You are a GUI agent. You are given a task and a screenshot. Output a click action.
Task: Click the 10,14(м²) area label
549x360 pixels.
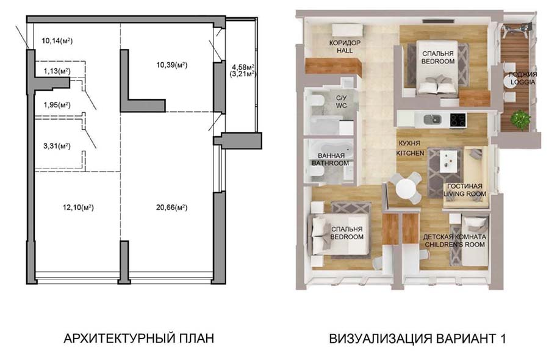[x=57, y=41]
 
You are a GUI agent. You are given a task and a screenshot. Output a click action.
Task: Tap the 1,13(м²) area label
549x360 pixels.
[x=57, y=71]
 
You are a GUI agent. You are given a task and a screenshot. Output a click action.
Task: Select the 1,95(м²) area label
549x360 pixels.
[x=57, y=105]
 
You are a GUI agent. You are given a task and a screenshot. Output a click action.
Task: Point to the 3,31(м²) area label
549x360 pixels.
[x=57, y=146]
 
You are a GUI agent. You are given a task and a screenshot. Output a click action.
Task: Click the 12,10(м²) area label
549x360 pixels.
[x=78, y=207]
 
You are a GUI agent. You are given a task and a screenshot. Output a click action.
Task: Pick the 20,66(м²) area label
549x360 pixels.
[x=171, y=207]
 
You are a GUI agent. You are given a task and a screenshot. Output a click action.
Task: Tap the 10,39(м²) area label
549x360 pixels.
[x=171, y=65]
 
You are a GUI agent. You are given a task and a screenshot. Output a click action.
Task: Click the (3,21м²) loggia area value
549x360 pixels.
[x=243, y=74]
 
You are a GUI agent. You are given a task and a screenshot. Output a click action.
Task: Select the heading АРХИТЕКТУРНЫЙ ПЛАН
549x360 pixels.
[x=138, y=339]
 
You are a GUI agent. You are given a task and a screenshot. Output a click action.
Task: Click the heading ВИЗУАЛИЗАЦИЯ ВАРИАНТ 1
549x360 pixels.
[x=417, y=339]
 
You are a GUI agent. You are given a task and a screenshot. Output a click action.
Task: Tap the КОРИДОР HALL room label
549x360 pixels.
[x=345, y=46]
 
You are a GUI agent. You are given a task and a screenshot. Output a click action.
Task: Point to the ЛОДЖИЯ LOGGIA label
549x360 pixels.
[x=522, y=78]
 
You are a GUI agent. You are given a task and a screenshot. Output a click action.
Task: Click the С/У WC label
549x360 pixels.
[x=341, y=102]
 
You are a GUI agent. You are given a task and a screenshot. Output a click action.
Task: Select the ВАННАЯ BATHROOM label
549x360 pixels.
[x=331, y=159]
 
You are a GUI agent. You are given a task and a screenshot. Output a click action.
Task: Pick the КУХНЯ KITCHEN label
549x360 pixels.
[x=410, y=148]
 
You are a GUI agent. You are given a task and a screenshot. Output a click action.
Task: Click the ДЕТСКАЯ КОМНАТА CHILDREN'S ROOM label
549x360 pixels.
[x=455, y=240]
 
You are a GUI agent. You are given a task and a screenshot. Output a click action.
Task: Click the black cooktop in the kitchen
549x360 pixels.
[x=458, y=120]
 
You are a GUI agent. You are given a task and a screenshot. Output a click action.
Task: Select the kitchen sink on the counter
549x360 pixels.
[x=432, y=120]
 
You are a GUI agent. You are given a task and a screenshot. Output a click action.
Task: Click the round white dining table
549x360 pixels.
[x=406, y=189]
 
